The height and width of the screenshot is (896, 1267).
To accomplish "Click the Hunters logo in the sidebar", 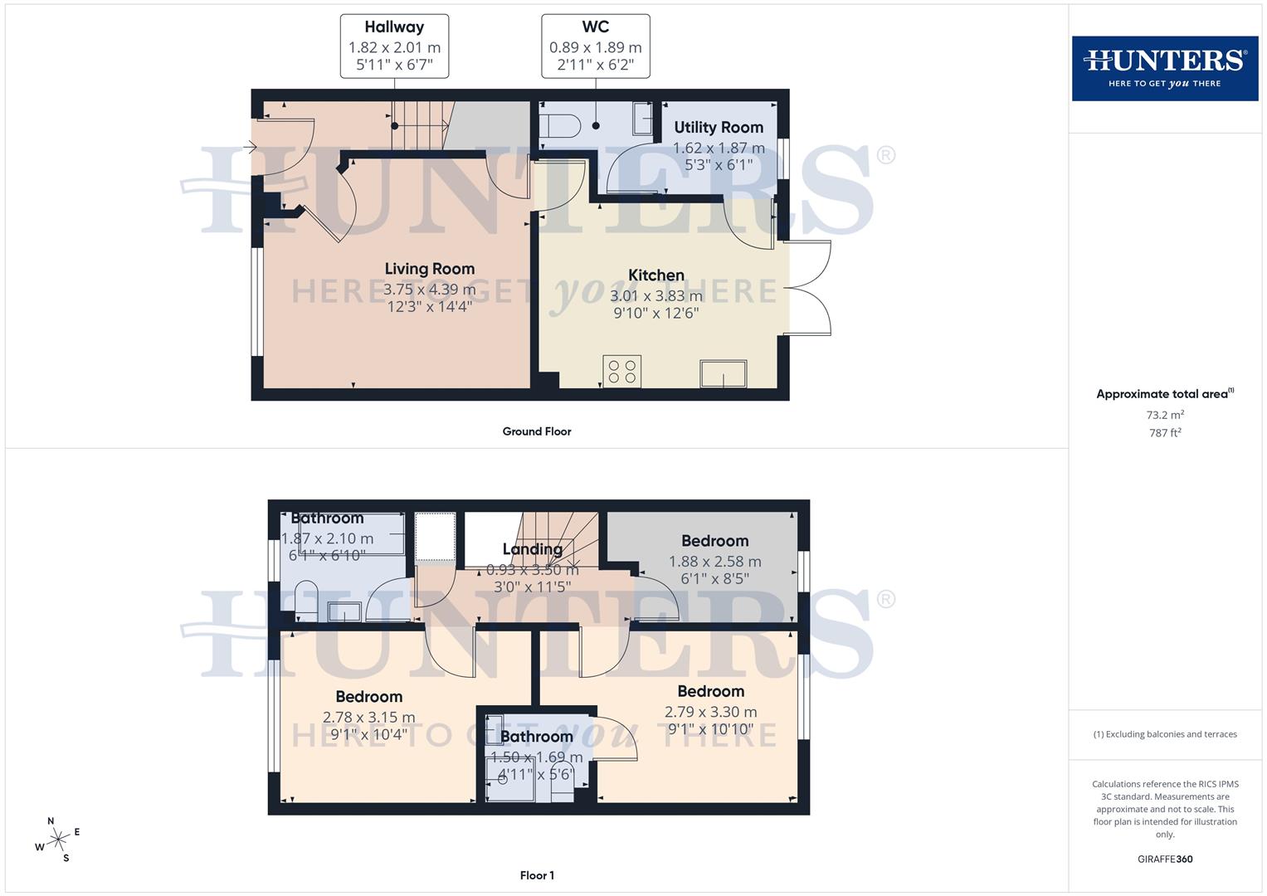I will pos(1164,68).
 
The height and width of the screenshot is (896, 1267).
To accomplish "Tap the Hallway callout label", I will pos(394,46).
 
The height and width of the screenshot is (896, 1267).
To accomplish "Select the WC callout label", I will pos(595,46).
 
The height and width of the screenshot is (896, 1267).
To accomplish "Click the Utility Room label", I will pos(719,128).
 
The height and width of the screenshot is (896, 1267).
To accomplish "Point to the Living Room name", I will pos(429,269).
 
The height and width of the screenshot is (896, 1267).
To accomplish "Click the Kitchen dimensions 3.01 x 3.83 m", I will pos(655,296).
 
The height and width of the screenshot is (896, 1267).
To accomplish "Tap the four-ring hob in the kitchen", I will pos(622,371).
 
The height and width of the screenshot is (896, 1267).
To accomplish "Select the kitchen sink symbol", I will pos(723,373).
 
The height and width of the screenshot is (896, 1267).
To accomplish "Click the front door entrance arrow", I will pos(250,148).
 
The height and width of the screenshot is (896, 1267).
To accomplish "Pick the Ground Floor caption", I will pos(537,431).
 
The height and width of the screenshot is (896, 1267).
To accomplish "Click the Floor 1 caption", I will pos(537,875).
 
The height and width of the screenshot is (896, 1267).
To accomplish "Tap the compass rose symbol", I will pos(58,840).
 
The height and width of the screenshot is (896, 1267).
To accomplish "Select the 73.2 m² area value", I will pos(1165,415).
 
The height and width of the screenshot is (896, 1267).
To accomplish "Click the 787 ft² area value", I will pos(1165,433).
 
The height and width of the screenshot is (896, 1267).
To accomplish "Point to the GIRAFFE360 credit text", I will pos(1165,859).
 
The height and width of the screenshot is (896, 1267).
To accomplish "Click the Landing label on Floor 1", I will pos(533,549).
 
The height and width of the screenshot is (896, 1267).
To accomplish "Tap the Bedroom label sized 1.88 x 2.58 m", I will pos(714,541).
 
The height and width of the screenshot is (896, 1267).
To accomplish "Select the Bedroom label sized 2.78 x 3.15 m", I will pos(368,697).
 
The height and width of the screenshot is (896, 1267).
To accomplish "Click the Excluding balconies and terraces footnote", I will pos(1165,734).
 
